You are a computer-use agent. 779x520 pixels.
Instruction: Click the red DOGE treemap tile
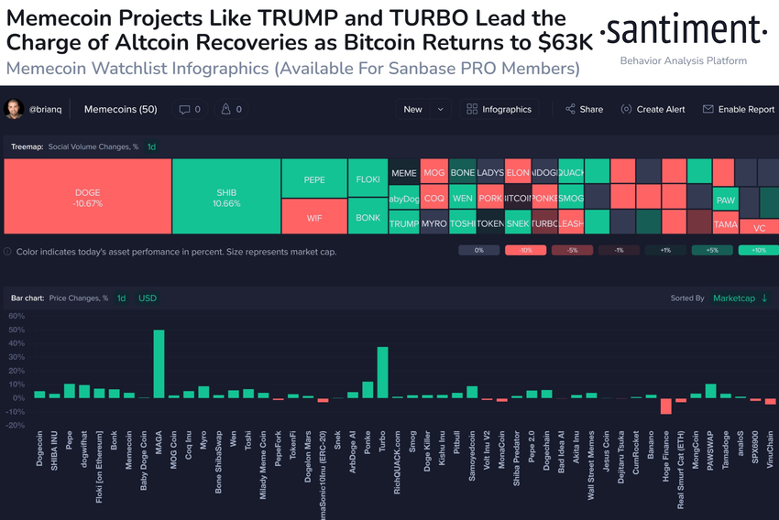coord(88,197)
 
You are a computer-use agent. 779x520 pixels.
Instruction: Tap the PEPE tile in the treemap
coord(314,179)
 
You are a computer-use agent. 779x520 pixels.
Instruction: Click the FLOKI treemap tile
coord(368,179)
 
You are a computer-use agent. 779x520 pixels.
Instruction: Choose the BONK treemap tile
coord(368,217)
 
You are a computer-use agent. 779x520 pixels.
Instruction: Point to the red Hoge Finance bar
coord(666,406)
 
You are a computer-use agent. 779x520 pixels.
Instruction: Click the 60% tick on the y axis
coord(16,316)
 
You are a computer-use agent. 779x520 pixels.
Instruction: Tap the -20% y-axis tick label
coord(16,426)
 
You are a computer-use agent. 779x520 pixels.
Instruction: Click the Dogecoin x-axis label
coord(40,450)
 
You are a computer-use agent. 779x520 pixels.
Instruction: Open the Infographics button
coord(499,109)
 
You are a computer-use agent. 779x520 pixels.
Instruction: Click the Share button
coord(585,109)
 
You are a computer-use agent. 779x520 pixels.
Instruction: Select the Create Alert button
coord(653,109)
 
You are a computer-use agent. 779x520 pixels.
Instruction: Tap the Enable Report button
coord(739,109)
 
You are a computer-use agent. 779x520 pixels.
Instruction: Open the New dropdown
coord(422,109)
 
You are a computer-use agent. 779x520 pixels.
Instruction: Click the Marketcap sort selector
coord(741,298)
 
